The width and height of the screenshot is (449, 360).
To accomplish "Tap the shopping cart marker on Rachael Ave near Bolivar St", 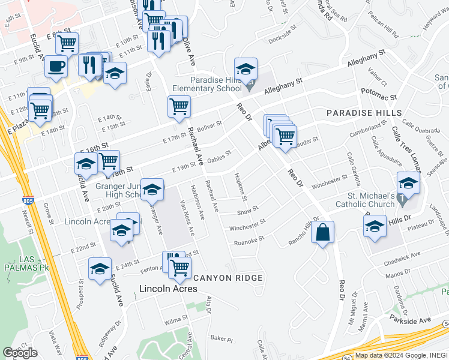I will [179, 107].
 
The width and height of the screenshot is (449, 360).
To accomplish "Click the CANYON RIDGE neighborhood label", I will [228, 278].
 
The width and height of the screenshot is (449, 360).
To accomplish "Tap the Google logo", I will [20, 352].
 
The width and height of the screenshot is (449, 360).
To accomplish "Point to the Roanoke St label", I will [249, 239].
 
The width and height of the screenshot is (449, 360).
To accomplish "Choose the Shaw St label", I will [247, 210].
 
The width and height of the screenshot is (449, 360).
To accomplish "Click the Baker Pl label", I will [221, 340].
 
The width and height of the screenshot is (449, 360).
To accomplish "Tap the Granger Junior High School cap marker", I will [152, 190].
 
